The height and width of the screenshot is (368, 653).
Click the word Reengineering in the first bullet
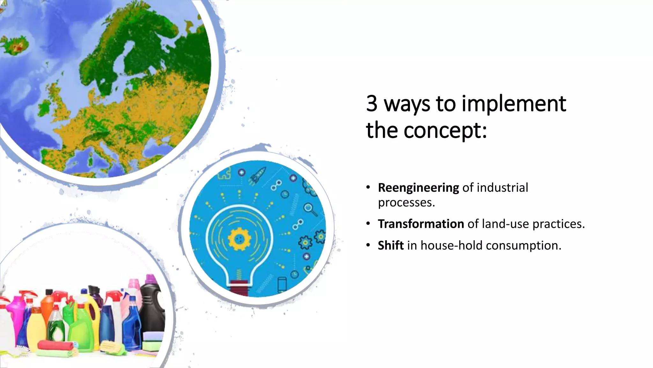pos(418,188)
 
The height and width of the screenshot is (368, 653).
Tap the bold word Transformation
pos(421,224)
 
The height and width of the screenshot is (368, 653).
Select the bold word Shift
pos(391,246)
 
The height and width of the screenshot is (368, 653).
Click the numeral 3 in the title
pos(372,103)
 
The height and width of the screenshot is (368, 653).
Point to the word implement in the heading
pos(514,104)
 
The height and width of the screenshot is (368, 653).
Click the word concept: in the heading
pos(445,130)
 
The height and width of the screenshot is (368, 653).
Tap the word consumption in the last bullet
pos(523,246)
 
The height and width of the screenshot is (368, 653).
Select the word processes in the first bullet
pos(406,203)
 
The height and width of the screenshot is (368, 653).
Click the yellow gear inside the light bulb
pos(239,239)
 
